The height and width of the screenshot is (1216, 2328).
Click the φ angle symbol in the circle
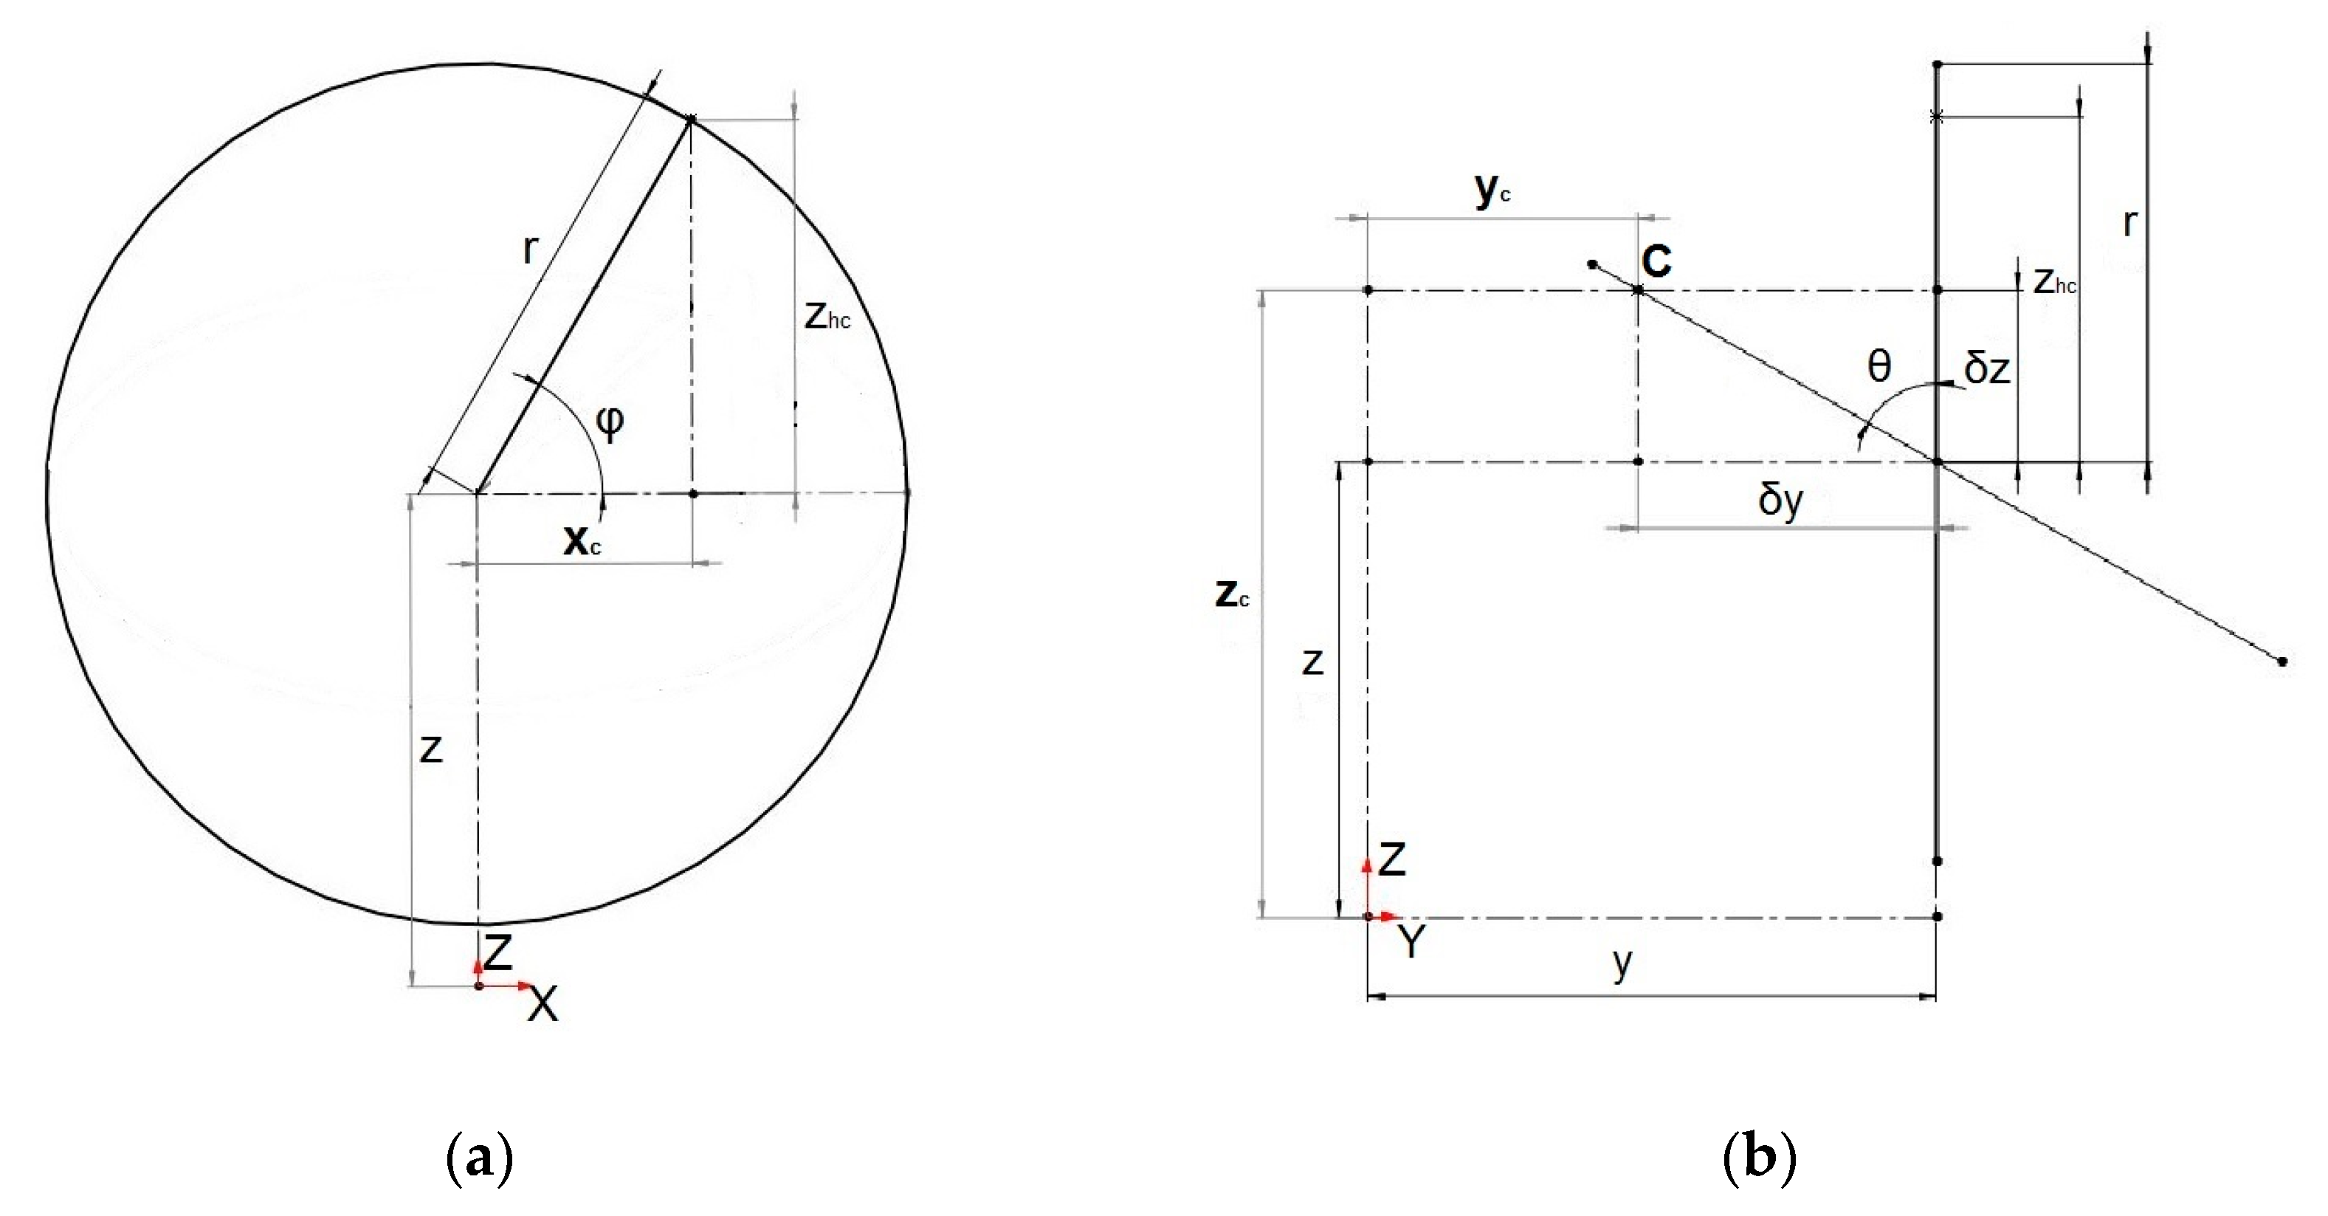(x=611, y=422)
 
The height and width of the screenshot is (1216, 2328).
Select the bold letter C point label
(x=1656, y=261)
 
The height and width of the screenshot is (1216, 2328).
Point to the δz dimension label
(x=1987, y=369)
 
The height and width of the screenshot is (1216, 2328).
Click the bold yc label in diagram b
(x=1492, y=190)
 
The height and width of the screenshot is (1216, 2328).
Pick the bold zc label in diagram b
(x=1232, y=593)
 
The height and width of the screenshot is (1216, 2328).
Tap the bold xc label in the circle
(x=582, y=540)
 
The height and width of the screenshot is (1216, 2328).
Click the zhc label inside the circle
(x=827, y=315)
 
